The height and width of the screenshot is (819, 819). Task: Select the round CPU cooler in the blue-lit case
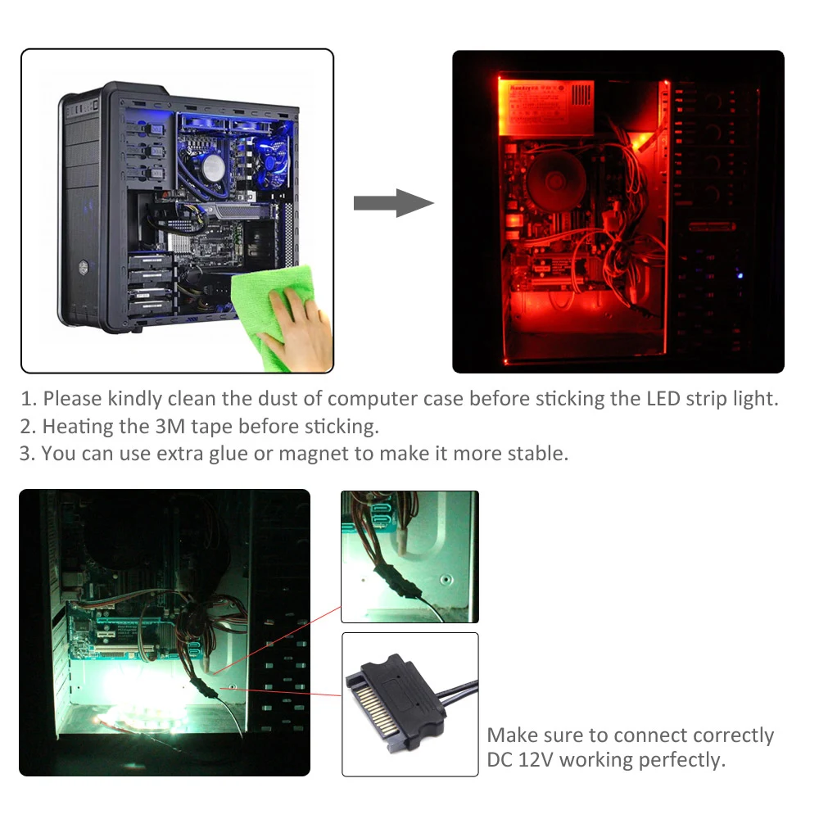213,168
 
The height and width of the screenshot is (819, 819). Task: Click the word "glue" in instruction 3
237,453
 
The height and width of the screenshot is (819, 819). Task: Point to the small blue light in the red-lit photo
739,275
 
